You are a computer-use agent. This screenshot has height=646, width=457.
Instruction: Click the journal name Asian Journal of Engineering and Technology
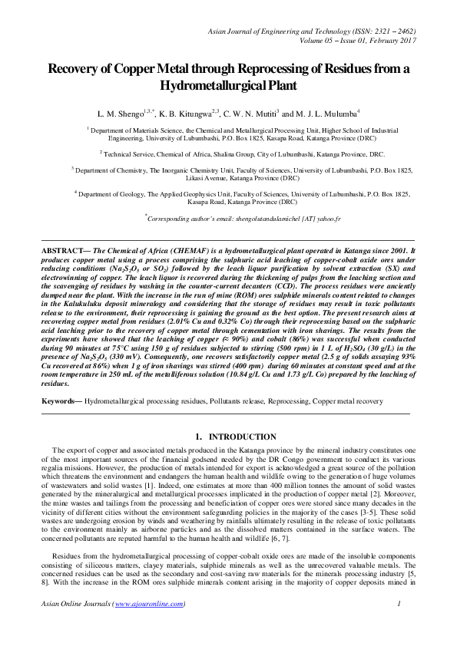coord(283,29)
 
